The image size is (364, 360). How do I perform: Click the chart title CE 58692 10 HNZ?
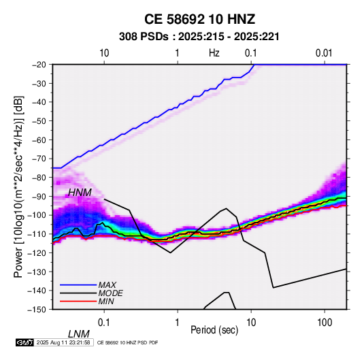pyautogui.click(x=199, y=19)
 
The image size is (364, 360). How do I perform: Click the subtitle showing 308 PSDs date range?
pyautogui.click(x=199, y=37)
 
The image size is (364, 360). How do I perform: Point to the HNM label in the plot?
pyautogui.click(x=80, y=193)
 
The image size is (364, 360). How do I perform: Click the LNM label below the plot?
pyautogui.click(x=79, y=334)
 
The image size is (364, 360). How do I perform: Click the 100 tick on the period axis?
pyautogui.click(x=325, y=323)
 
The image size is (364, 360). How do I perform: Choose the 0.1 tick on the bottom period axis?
pyautogui.click(x=104, y=323)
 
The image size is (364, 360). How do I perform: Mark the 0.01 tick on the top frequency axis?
pyautogui.click(x=324, y=53)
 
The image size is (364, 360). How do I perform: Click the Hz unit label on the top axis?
pyautogui.click(x=214, y=53)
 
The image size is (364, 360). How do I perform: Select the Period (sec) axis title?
pyautogui.click(x=214, y=330)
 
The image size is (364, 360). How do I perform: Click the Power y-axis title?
pyautogui.click(x=18, y=186)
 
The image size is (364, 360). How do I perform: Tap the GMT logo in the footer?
pyautogui.click(x=24, y=342)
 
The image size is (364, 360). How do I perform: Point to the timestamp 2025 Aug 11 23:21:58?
pyautogui.click(x=63, y=342)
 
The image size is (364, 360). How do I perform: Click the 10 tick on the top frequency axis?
pyautogui.click(x=104, y=53)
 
